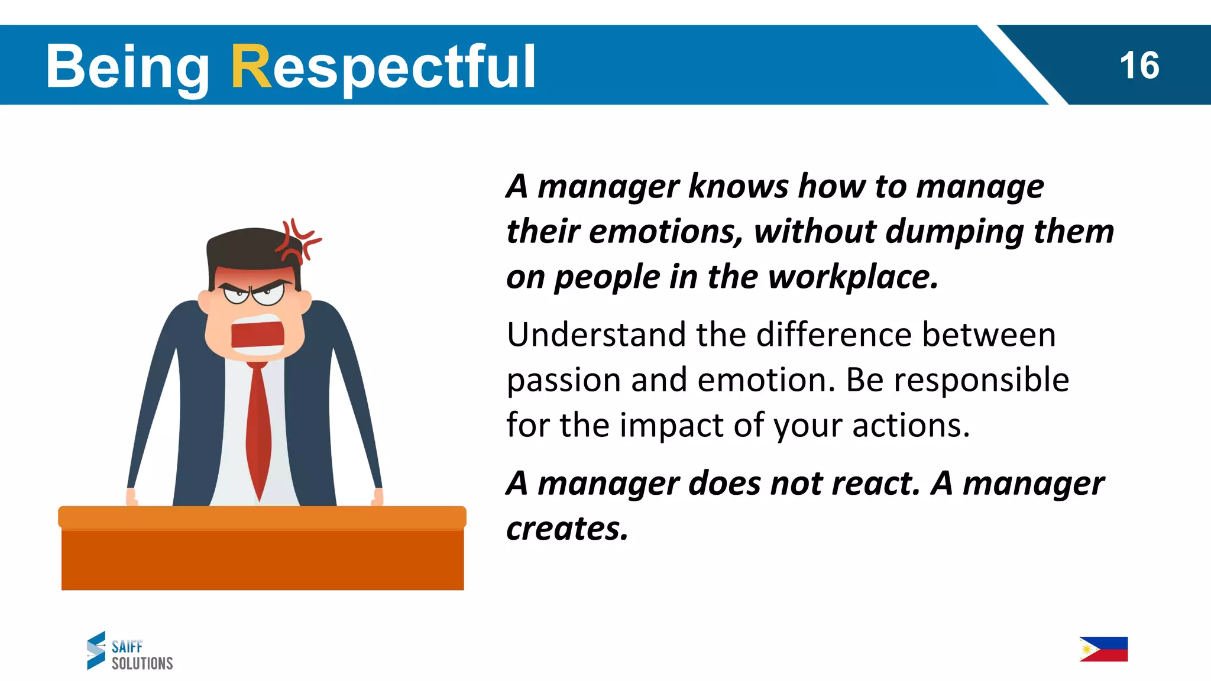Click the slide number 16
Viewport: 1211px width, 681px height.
pyautogui.click(x=1139, y=66)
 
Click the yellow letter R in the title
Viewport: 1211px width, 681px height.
pyautogui.click(x=251, y=67)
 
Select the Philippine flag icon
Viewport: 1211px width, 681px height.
pyautogui.click(x=1103, y=649)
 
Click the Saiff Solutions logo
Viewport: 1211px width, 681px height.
pyautogui.click(x=130, y=651)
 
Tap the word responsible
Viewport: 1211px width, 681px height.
pyautogui.click(x=981, y=380)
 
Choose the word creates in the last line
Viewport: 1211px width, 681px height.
pyautogui.click(x=566, y=529)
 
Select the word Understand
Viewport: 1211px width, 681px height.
pyautogui.click(x=596, y=335)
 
